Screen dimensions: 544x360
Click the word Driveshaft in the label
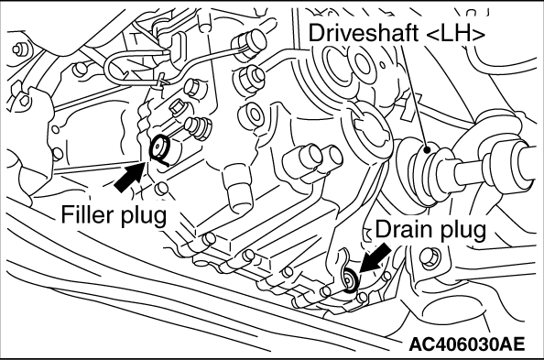362,33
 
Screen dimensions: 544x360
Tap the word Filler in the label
86,213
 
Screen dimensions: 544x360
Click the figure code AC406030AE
466,344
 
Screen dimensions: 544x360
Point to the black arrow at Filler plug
129,177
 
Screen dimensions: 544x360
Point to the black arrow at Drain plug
375,257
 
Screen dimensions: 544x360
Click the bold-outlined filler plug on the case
159,148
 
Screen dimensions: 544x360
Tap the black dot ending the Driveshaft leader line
427,150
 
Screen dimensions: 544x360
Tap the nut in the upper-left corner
18,49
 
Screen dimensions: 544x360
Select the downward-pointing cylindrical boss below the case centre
236,190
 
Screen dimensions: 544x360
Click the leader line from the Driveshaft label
415,95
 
